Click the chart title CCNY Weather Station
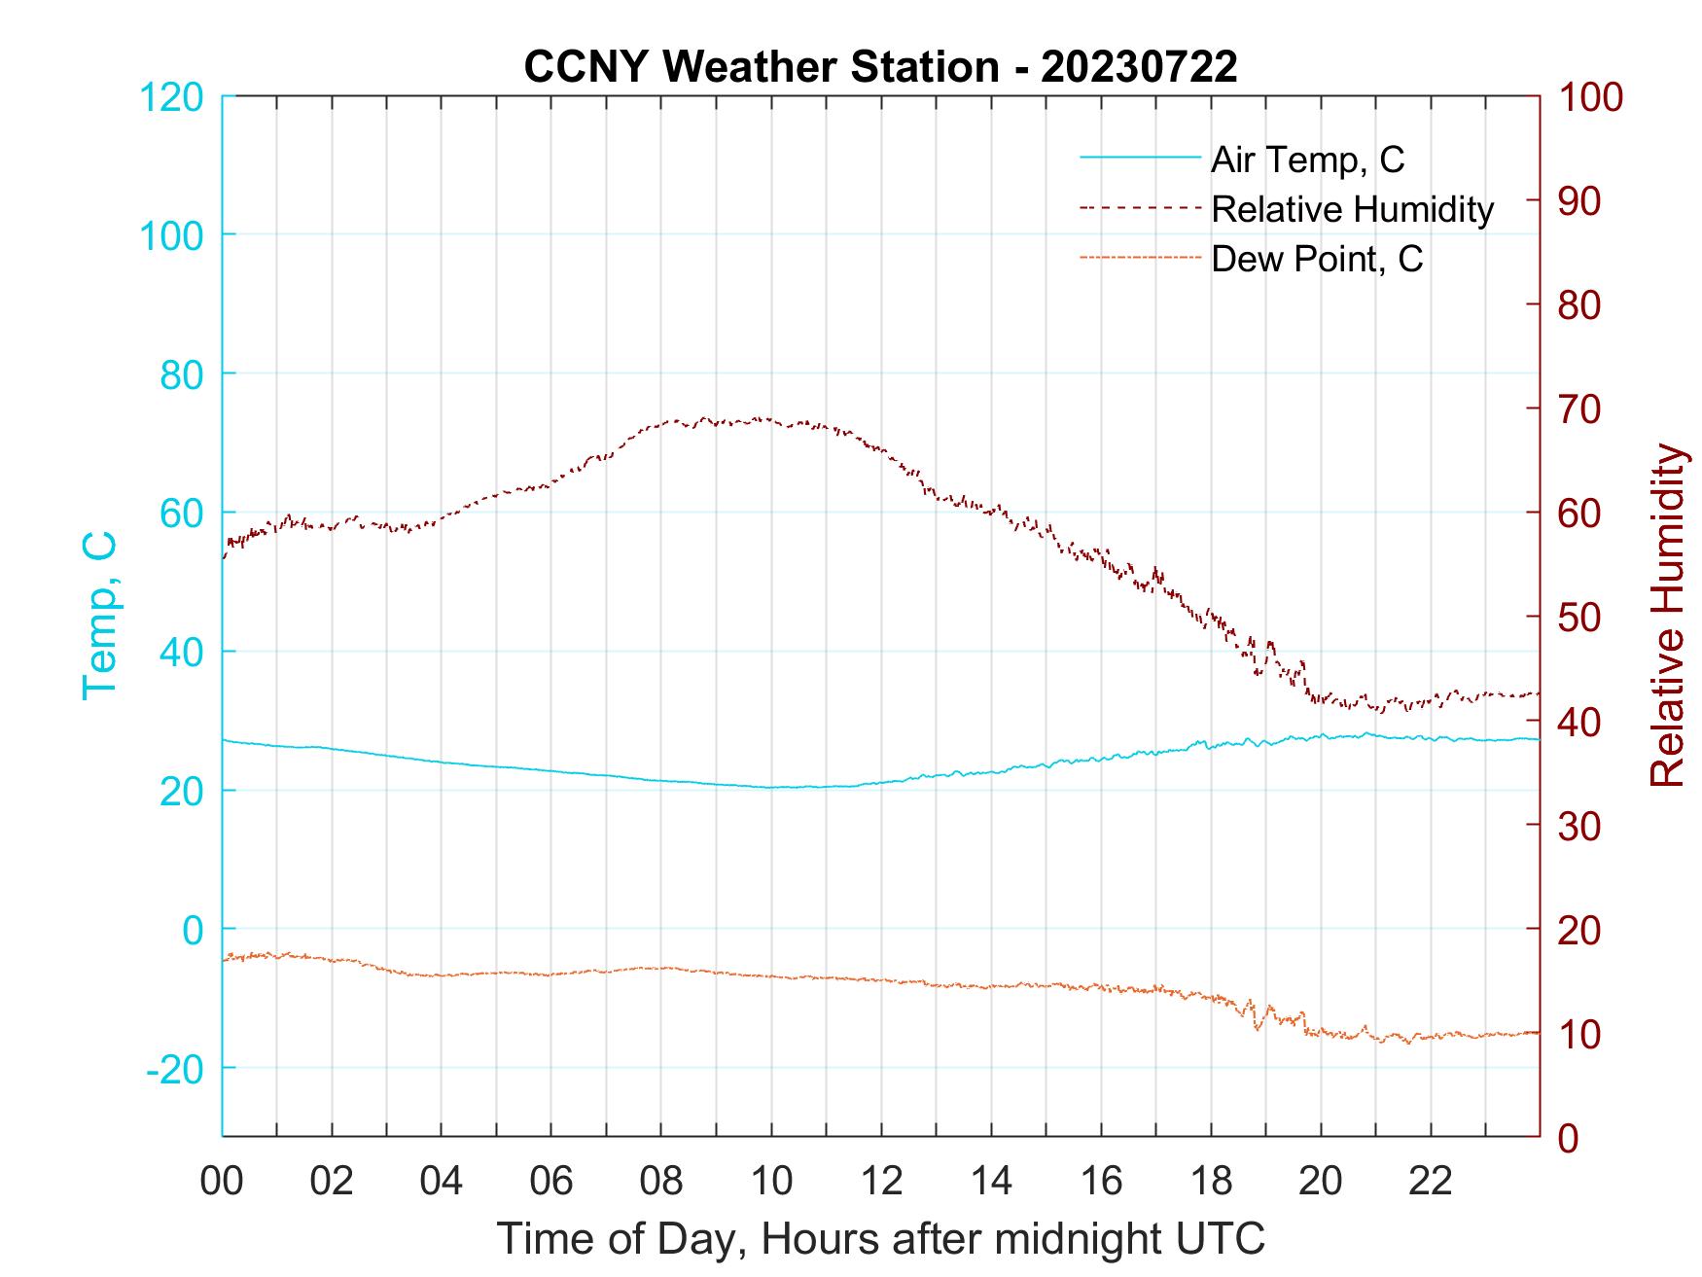(x=880, y=66)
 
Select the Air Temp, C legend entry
(x=1306, y=160)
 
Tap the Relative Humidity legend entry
(x=1351, y=209)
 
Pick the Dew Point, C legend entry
(x=1316, y=259)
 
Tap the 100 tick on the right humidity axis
(x=1590, y=97)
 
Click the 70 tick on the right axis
(x=1579, y=409)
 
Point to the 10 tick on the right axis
(x=1579, y=1034)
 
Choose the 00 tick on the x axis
(x=222, y=1182)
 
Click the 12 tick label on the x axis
(x=881, y=1182)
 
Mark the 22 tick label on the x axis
(x=1431, y=1182)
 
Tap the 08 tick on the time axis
(x=661, y=1182)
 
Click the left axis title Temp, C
(x=99, y=616)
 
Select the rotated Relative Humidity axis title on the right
(x=1667, y=616)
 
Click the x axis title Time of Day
(x=880, y=1238)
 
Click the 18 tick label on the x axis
(x=1211, y=1182)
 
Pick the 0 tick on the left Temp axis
(x=193, y=930)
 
